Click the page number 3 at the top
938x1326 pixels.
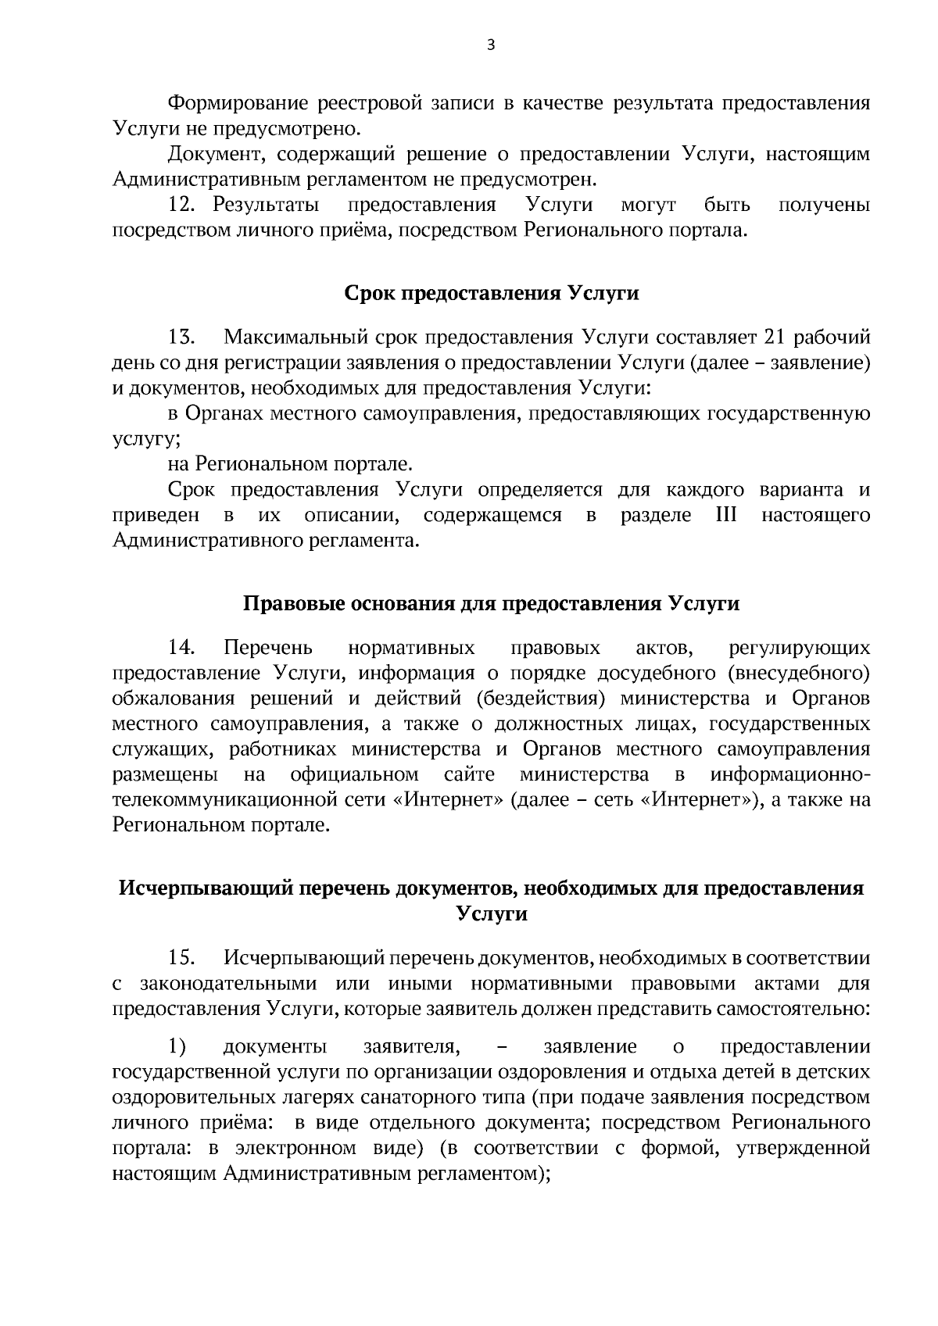coord(491,45)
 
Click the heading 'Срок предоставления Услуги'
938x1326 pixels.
coord(492,293)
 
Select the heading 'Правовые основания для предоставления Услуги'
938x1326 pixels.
coord(492,604)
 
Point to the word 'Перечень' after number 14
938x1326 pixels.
coord(268,648)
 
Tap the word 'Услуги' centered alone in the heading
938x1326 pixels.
coord(492,913)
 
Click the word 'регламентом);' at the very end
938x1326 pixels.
coord(492,1174)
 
